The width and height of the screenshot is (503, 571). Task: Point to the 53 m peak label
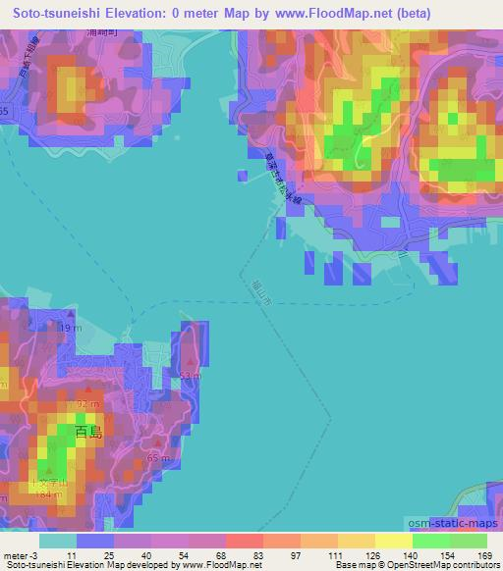[191, 374]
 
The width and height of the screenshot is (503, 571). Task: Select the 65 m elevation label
[159, 458]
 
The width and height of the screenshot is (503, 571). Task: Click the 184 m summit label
[45, 493]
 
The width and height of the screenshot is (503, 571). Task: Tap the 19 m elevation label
[68, 328]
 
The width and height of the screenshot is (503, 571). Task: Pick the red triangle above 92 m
[86, 391]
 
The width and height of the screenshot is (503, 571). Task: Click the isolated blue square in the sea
[242, 176]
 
